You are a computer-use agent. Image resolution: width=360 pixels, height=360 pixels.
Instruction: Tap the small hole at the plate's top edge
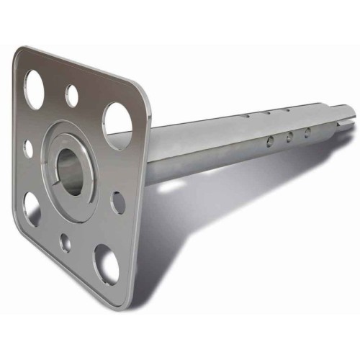coord(72,94)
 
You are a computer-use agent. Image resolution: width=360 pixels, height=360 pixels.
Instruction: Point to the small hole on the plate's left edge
coord(29,148)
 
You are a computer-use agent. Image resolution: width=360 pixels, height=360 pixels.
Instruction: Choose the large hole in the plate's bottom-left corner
coord(31,207)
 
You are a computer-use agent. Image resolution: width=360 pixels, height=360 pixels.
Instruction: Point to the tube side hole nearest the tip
coord(307,132)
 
